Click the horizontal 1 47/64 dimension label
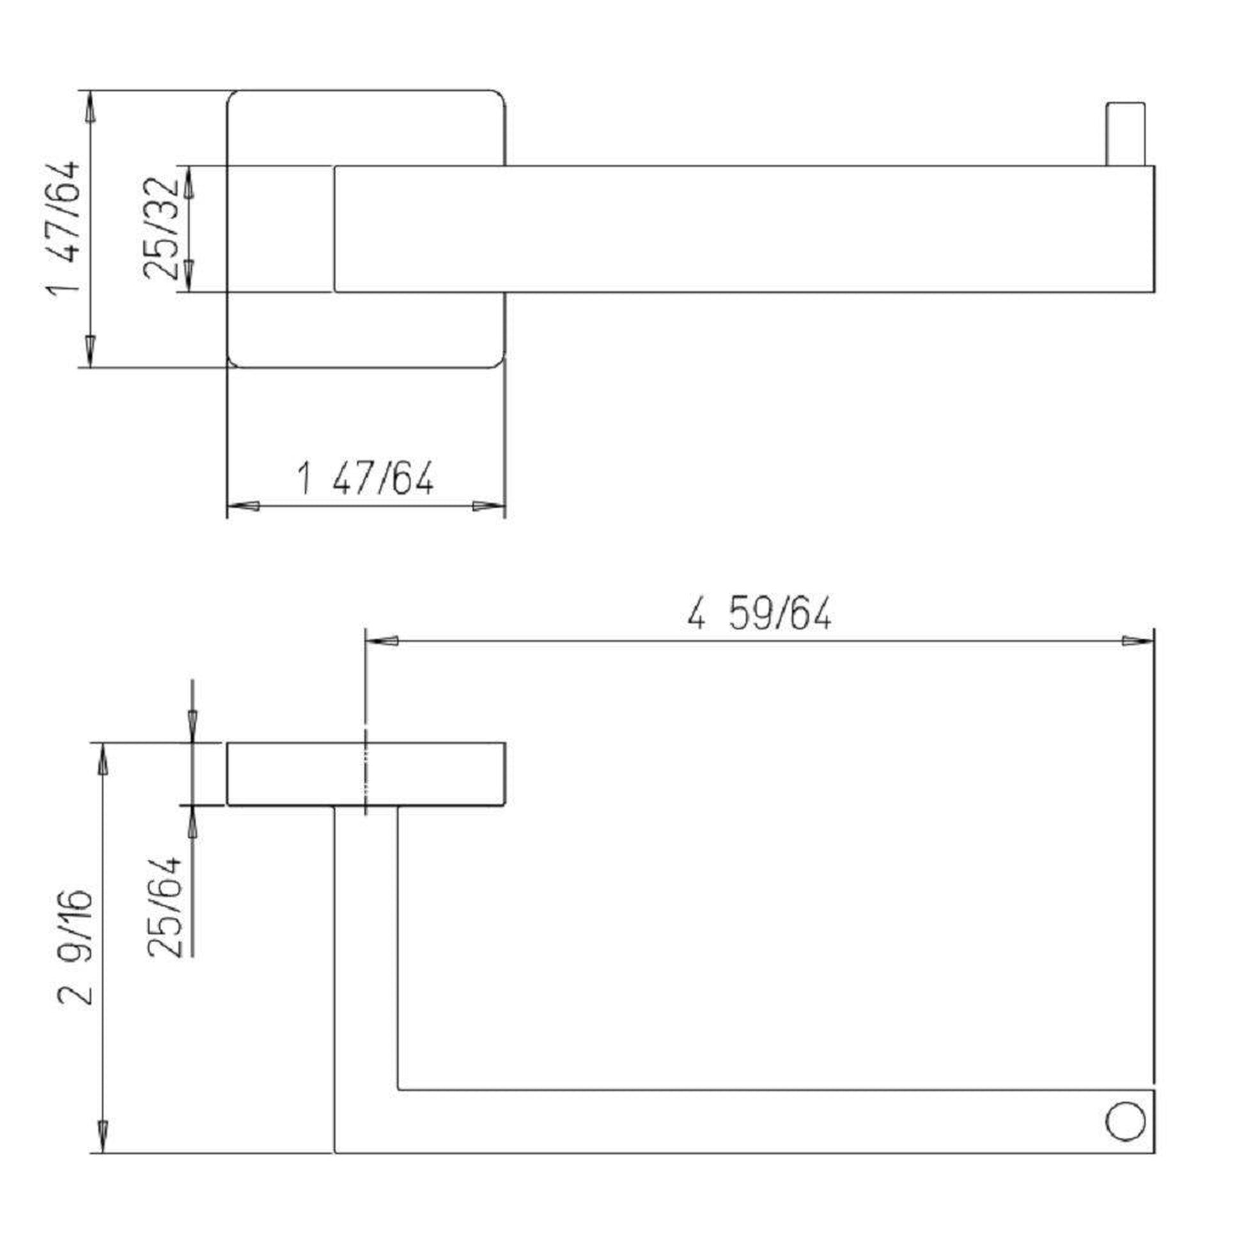[x=365, y=477]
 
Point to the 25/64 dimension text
[x=164, y=908]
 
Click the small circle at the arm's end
[x=1125, y=1121]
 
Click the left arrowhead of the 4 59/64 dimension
[x=382, y=641]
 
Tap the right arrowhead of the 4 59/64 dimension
[x=1138, y=641]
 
